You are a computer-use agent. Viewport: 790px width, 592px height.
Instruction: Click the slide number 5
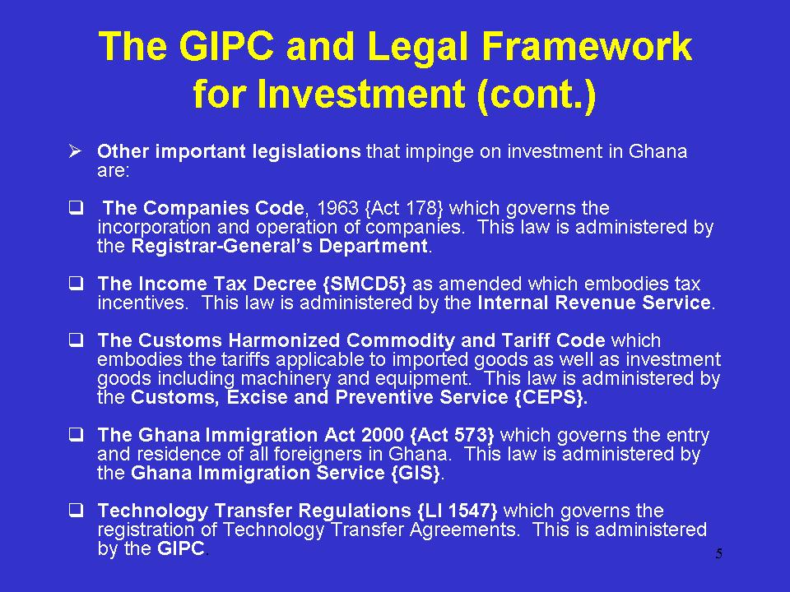point(719,553)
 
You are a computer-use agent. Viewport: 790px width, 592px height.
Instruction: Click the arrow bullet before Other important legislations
point(75,150)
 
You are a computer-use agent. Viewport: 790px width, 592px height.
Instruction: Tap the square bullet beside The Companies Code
point(76,207)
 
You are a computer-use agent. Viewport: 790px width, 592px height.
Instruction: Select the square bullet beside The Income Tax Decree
point(76,284)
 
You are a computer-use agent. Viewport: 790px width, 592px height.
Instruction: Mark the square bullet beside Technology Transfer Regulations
point(76,511)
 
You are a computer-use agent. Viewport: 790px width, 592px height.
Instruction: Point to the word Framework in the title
point(587,46)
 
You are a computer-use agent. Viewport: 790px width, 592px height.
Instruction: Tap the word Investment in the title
point(360,94)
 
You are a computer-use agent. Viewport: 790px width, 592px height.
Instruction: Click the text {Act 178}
point(403,208)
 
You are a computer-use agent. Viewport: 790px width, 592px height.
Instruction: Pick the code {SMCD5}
point(364,284)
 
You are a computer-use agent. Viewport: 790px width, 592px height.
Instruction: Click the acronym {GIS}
point(416,474)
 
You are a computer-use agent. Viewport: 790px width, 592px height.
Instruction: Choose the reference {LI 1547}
point(458,511)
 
